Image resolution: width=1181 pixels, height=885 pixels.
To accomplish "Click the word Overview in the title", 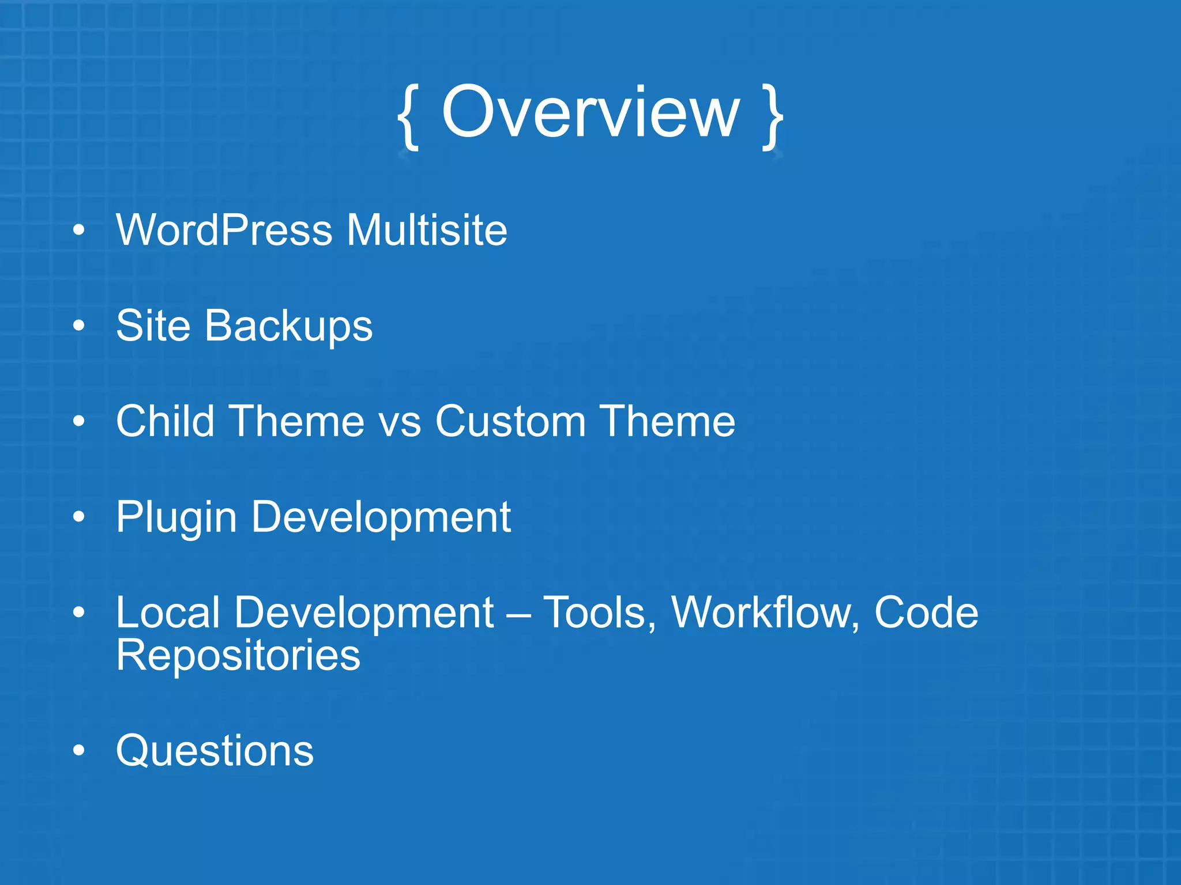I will tap(590, 112).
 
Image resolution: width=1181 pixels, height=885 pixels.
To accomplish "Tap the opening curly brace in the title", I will tap(408, 117).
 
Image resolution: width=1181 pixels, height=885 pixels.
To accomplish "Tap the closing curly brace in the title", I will tap(773, 117).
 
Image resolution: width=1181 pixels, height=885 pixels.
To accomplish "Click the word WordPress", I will tap(224, 230).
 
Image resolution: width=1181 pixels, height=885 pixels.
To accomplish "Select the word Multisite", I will tap(427, 230).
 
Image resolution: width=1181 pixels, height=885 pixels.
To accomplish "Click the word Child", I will tap(165, 421).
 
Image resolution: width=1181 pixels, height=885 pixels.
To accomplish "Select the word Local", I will tap(168, 612).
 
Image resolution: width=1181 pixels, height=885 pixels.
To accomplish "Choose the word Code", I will tap(926, 612).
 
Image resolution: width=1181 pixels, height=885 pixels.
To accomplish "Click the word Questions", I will tap(215, 751).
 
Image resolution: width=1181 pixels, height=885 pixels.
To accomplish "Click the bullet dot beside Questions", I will tap(79, 751).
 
